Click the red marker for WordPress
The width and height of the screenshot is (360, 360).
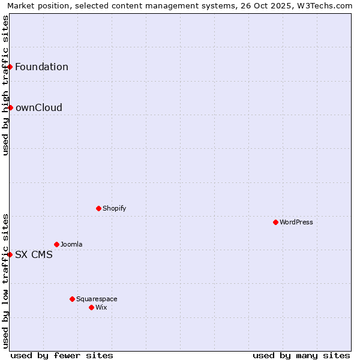coord(275,222)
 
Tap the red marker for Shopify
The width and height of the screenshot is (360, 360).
coord(98,208)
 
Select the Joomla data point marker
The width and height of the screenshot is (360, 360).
coord(56,244)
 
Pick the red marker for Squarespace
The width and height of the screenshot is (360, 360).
coord(72,299)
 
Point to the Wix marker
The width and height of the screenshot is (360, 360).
coord(91,307)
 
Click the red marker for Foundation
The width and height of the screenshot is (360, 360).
coord(10,67)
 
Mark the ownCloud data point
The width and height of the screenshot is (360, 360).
coord(10,107)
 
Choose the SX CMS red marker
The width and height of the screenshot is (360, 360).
coord(10,254)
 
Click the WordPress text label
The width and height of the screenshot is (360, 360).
coord(296,222)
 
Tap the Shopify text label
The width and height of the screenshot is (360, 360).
coord(114,208)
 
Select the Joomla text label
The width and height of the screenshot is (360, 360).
coord(71,244)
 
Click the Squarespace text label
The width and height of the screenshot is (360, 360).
coord(97,299)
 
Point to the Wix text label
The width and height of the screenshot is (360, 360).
coord(101,307)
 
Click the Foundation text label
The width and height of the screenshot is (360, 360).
coord(41,67)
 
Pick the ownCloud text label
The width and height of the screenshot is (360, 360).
coord(38,107)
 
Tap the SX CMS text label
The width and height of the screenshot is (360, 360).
coord(34,254)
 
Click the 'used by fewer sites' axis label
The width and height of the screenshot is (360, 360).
coord(62,355)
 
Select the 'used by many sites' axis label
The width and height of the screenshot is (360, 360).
coord(301,355)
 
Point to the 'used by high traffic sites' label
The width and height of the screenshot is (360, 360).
coord(5,85)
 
